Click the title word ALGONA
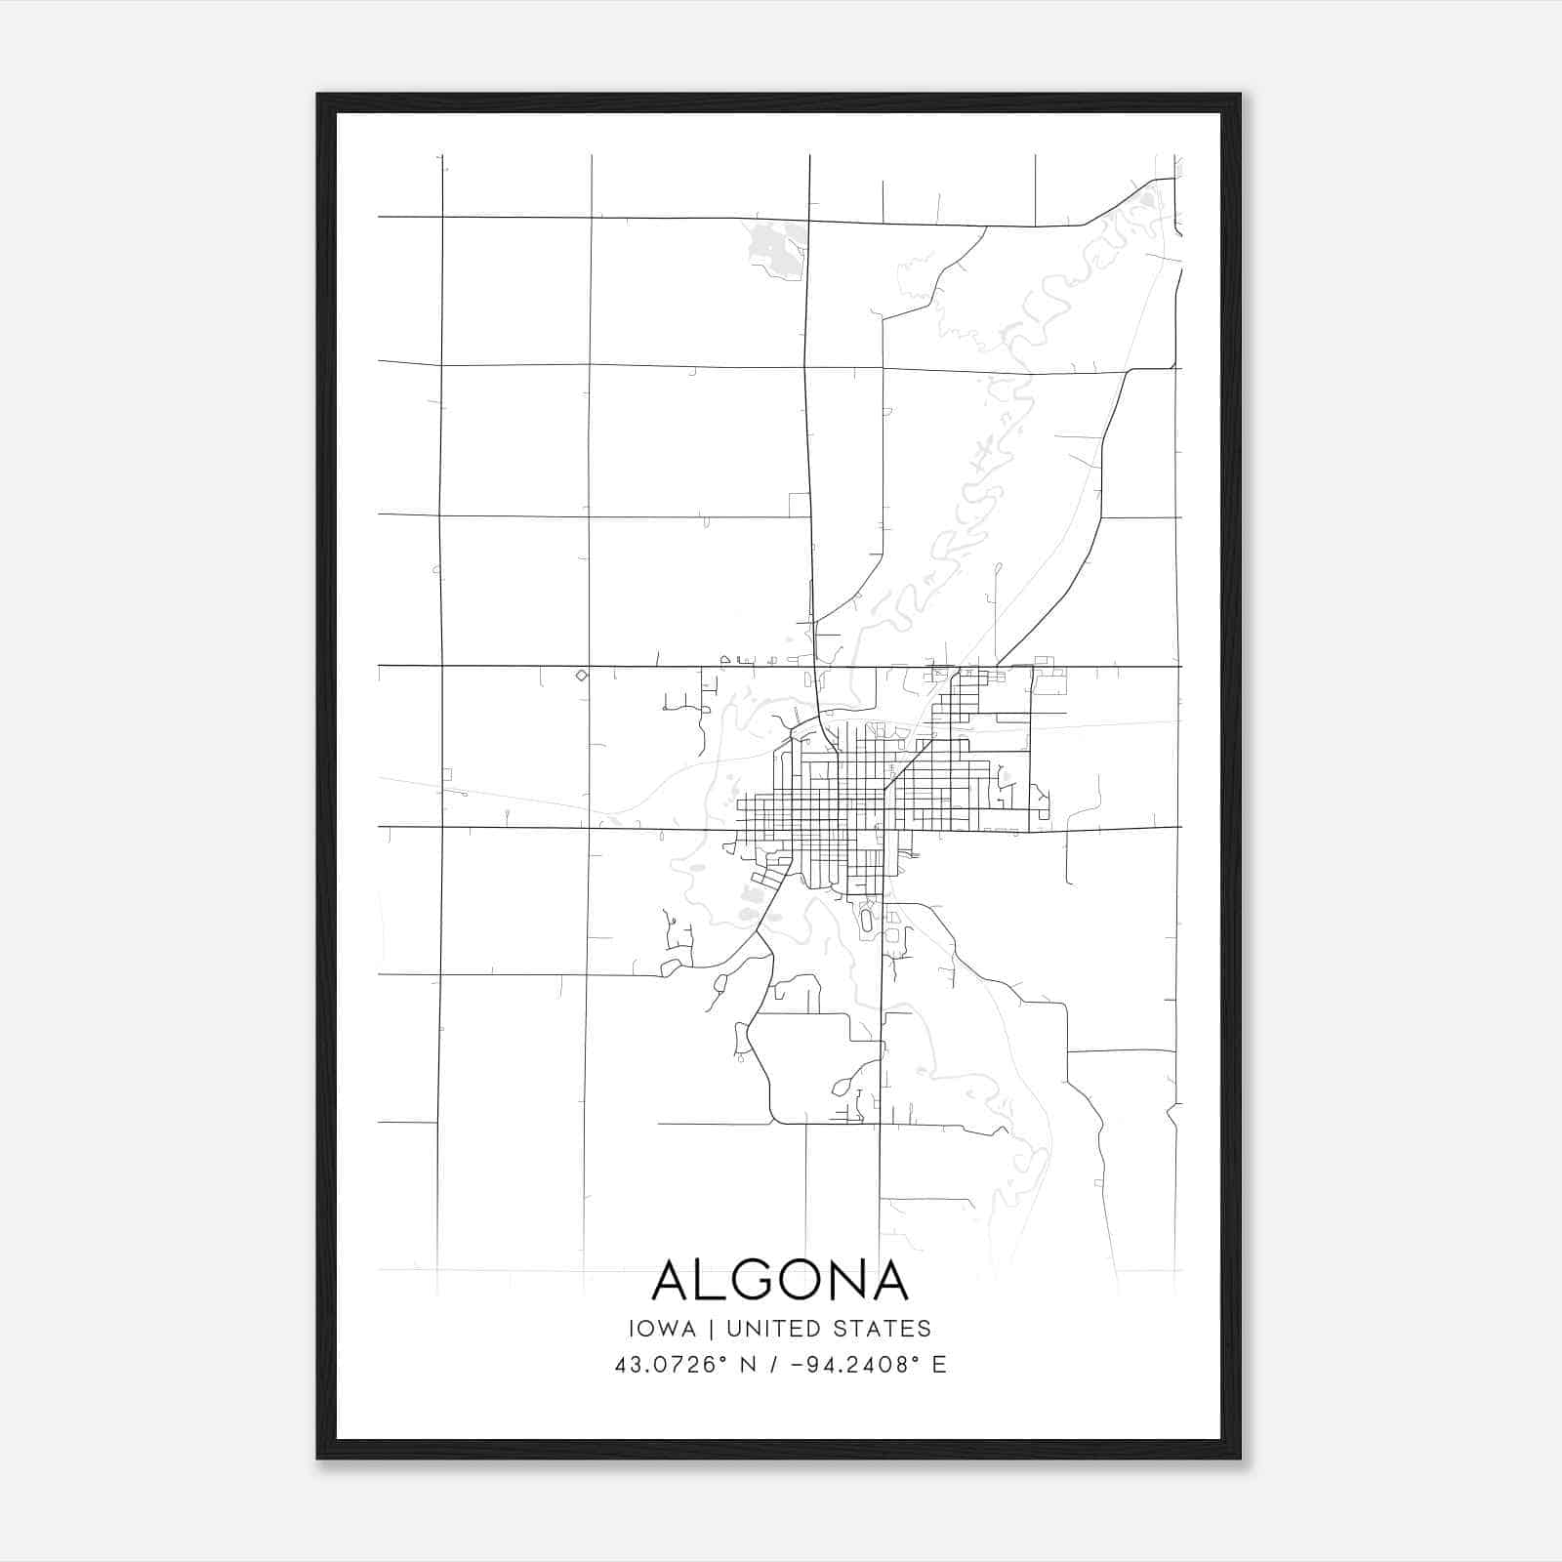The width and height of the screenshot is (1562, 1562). tap(780, 1280)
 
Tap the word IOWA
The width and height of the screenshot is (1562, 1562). tap(663, 1329)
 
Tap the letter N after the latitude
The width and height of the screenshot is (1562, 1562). tap(748, 1365)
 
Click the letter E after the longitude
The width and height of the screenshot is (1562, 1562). tap(939, 1365)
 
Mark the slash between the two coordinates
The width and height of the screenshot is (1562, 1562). tap(775, 1365)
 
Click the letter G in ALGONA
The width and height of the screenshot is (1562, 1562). tap(746, 1280)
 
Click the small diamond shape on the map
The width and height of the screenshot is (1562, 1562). tap(582, 675)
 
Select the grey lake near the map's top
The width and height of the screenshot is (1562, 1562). tap(776, 245)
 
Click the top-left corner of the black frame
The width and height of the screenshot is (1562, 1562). tap(318, 95)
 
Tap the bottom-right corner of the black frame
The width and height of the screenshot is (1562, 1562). tap(1239, 1458)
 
